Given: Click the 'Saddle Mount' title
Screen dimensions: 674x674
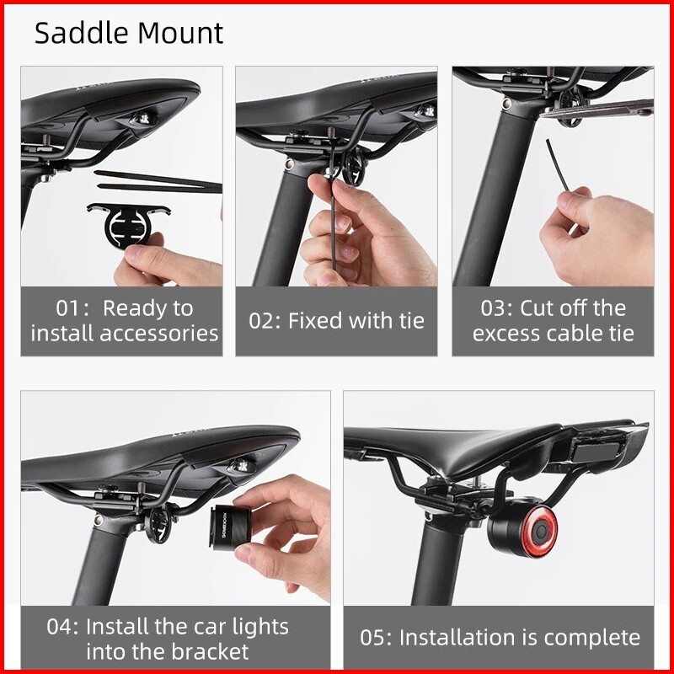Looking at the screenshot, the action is pos(129,33).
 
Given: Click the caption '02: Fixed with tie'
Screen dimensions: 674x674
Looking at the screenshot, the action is pos(336,321).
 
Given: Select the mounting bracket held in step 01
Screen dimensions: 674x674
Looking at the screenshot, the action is pos(129,223).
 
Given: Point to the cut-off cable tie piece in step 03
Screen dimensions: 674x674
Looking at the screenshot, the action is pos(558,165).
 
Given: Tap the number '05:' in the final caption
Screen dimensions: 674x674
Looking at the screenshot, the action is pos(376,638).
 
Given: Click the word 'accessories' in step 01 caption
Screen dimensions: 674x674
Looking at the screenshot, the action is pos(159,334).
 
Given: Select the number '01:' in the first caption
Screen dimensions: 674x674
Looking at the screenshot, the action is pos(72,308).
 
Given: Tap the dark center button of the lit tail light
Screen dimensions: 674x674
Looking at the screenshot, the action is pos(539,532).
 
